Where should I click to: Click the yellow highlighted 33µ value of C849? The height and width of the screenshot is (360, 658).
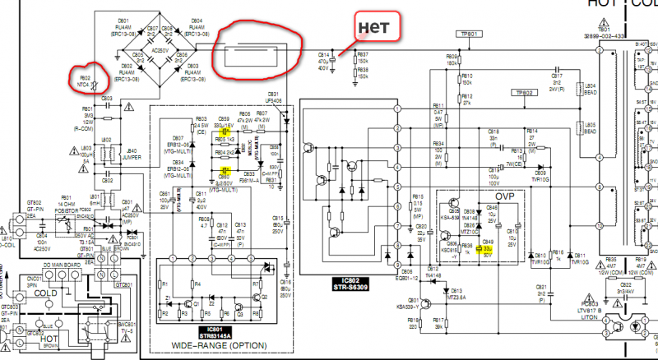point(486,247)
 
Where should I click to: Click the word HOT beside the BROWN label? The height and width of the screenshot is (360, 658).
point(48,336)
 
